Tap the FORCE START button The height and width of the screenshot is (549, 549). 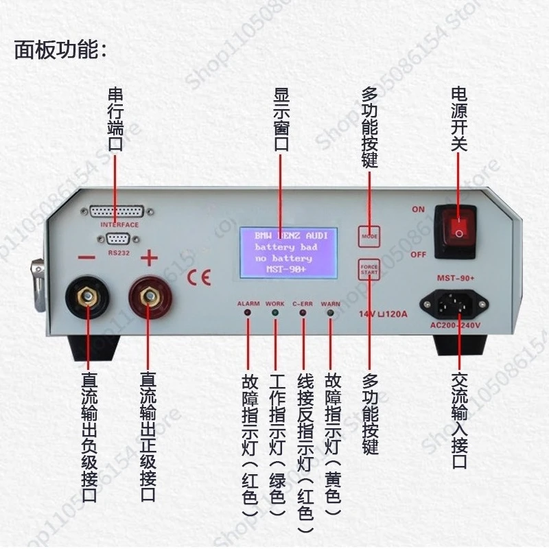(x=369, y=269)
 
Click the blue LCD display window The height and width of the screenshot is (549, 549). (x=288, y=253)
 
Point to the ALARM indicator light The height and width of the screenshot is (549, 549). (x=248, y=314)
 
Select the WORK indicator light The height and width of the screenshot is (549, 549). (x=275, y=314)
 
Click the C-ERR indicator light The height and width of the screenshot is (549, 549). (x=303, y=314)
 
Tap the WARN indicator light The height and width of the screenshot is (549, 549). (x=330, y=314)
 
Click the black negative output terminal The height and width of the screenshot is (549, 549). (x=87, y=298)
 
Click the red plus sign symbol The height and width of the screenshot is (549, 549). (x=149, y=259)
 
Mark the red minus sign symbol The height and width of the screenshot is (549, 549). (x=87, y=259)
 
